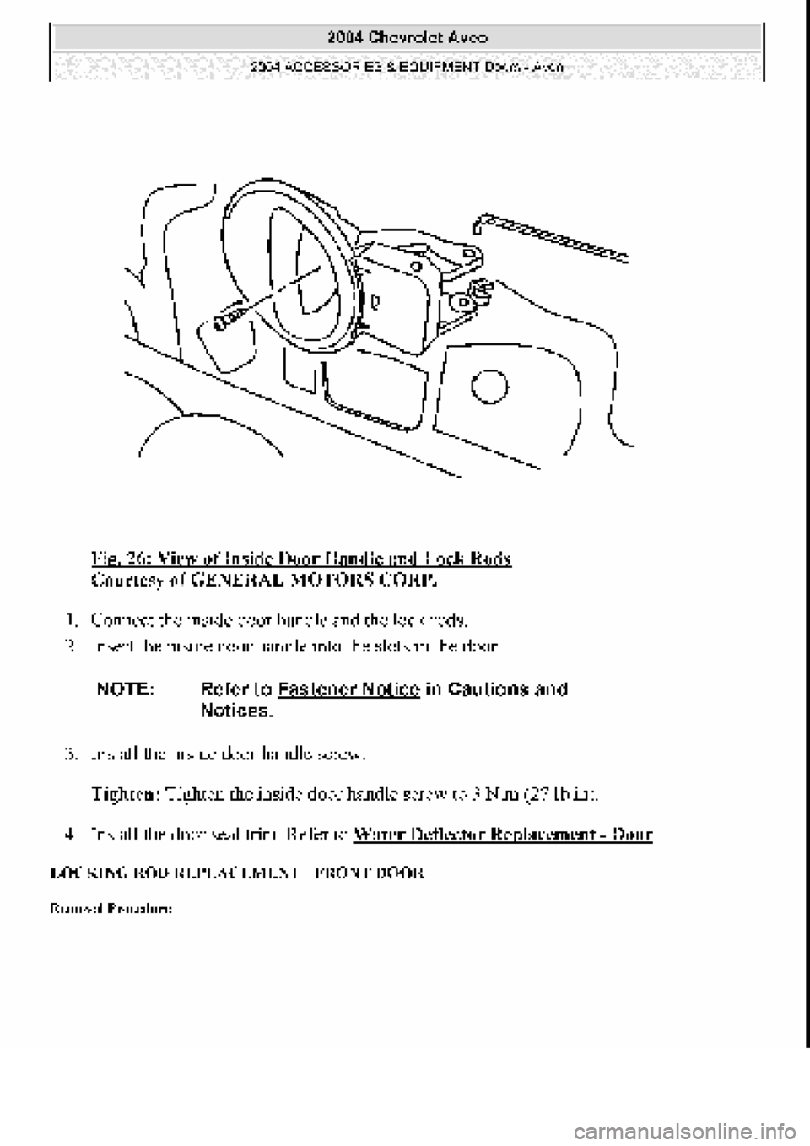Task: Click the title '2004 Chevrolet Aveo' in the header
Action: [x=406, y=37]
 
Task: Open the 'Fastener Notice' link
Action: [x=348, y=689]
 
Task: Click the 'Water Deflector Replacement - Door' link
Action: [x=504, y=835]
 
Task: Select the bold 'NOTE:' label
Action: [x=125, y=689]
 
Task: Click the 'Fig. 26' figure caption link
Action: [x=300, y=559]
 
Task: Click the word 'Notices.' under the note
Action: [x=237, y=711]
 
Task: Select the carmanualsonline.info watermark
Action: [x=710, y=1127]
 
